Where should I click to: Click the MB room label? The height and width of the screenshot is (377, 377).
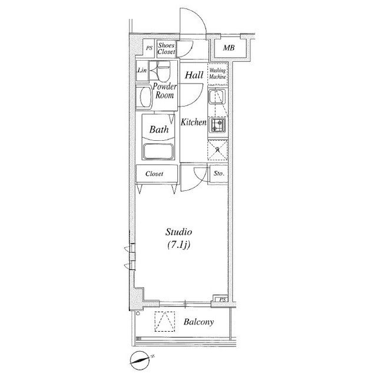click(229, 48)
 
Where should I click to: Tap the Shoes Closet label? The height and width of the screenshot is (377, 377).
click(166, 48)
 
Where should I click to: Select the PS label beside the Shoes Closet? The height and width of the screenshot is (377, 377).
click(149, 48)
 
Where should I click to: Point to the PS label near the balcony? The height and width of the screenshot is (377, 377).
click(223, 300)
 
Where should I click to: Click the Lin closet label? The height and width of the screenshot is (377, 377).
click(142, 70)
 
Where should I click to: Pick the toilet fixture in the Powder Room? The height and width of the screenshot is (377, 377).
click(164, 70)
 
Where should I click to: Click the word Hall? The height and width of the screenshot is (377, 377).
click(194, 75)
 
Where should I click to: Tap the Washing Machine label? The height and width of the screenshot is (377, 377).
click(217, 74)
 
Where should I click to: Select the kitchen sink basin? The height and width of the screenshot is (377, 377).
click(217, 97)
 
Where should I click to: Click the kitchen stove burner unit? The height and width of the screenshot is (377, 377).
click(217, 125)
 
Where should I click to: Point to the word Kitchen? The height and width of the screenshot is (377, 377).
click(194, 123)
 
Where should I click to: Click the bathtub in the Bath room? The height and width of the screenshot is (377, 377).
click(158, 151)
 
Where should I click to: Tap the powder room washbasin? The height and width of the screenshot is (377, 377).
click(145, 97)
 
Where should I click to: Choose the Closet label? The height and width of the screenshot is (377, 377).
click(154, 174)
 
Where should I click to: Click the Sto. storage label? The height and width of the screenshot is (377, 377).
click(219, 173)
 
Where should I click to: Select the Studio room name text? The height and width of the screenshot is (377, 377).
click(178, 232)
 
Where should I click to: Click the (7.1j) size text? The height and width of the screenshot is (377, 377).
click(178, 245)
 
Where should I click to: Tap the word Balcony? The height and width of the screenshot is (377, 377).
click(199, 322)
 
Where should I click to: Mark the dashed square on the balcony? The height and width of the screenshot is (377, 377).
click(165, 322)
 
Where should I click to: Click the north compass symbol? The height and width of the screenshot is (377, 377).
click(140, 361)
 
